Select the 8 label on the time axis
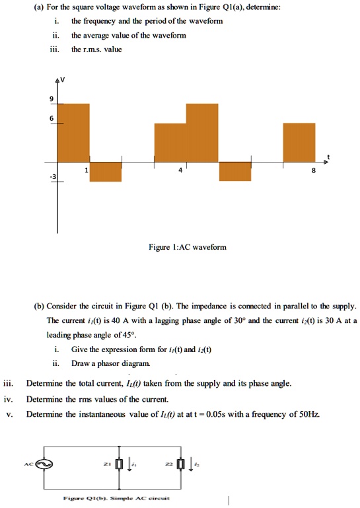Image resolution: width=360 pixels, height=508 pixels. (x=314, y=170)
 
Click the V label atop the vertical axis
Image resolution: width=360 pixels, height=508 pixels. (x=61, y=80)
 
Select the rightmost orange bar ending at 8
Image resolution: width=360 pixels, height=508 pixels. (x=299, y=142)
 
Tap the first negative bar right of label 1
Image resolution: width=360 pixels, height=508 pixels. (x=105, y=171)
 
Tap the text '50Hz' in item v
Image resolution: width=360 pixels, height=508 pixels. (x=310, y=414)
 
